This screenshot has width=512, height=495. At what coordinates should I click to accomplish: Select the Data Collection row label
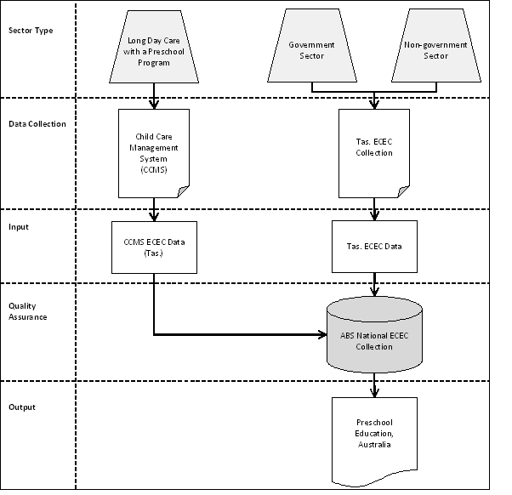37,123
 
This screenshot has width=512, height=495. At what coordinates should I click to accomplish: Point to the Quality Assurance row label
27,311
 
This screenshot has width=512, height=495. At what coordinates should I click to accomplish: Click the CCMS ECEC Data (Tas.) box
154,247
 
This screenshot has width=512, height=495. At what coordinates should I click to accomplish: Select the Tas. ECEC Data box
374,247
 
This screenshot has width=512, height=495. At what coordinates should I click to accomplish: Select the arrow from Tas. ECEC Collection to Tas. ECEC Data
374,208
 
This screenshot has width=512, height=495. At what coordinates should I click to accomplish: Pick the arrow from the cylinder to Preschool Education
374,387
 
